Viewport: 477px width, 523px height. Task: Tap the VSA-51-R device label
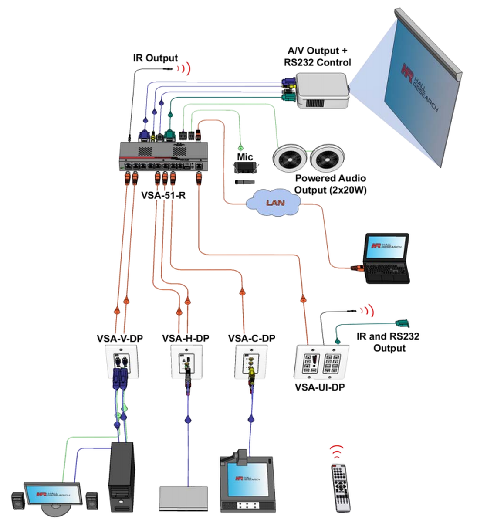click(x=163, y=195)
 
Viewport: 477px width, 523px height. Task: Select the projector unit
click(x=322, y=91)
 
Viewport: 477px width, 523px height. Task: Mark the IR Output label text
click(x=156, y=58)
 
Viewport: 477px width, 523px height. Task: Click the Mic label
click(x=245, y=156)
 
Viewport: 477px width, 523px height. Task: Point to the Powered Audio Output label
click(x=330, y=184)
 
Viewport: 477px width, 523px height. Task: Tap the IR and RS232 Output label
click(x=387, y=342)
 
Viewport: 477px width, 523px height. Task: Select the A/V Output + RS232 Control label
click(x=317, y=57)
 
